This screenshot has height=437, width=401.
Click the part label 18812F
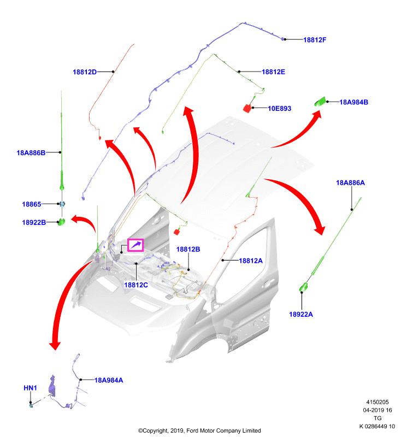click(x=315, y=40)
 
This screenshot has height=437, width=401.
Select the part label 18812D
click(x=85, y=72)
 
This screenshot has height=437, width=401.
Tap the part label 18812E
click(x=273, y=72)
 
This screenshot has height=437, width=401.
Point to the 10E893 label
click(x=280, y=108)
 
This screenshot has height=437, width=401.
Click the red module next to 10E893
click(x=247, y=108)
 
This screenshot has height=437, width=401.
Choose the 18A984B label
click(x=353, y=102)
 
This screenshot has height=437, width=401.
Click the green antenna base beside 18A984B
click(x=320, y=102)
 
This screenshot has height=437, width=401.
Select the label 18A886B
click(x=31, y=153)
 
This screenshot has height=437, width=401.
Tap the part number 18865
click(x=32, y=204)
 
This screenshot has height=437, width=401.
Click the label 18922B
click(x=34, y=222)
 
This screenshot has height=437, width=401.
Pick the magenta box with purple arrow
click(x=135, y=245)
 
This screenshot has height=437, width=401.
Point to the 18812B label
click(x=188, y=249)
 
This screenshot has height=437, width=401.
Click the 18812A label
click(x=251, y=261)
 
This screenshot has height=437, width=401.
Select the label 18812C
click(x=136, y=285)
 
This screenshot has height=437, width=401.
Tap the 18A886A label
click(x=350, y=183)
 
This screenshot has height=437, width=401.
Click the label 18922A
click(x=301, y=315)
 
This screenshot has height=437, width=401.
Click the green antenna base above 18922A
click(x=303, y=287)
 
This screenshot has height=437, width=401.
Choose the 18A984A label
click(x=109, y=380)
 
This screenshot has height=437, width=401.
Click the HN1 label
click(x=30, y=388)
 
